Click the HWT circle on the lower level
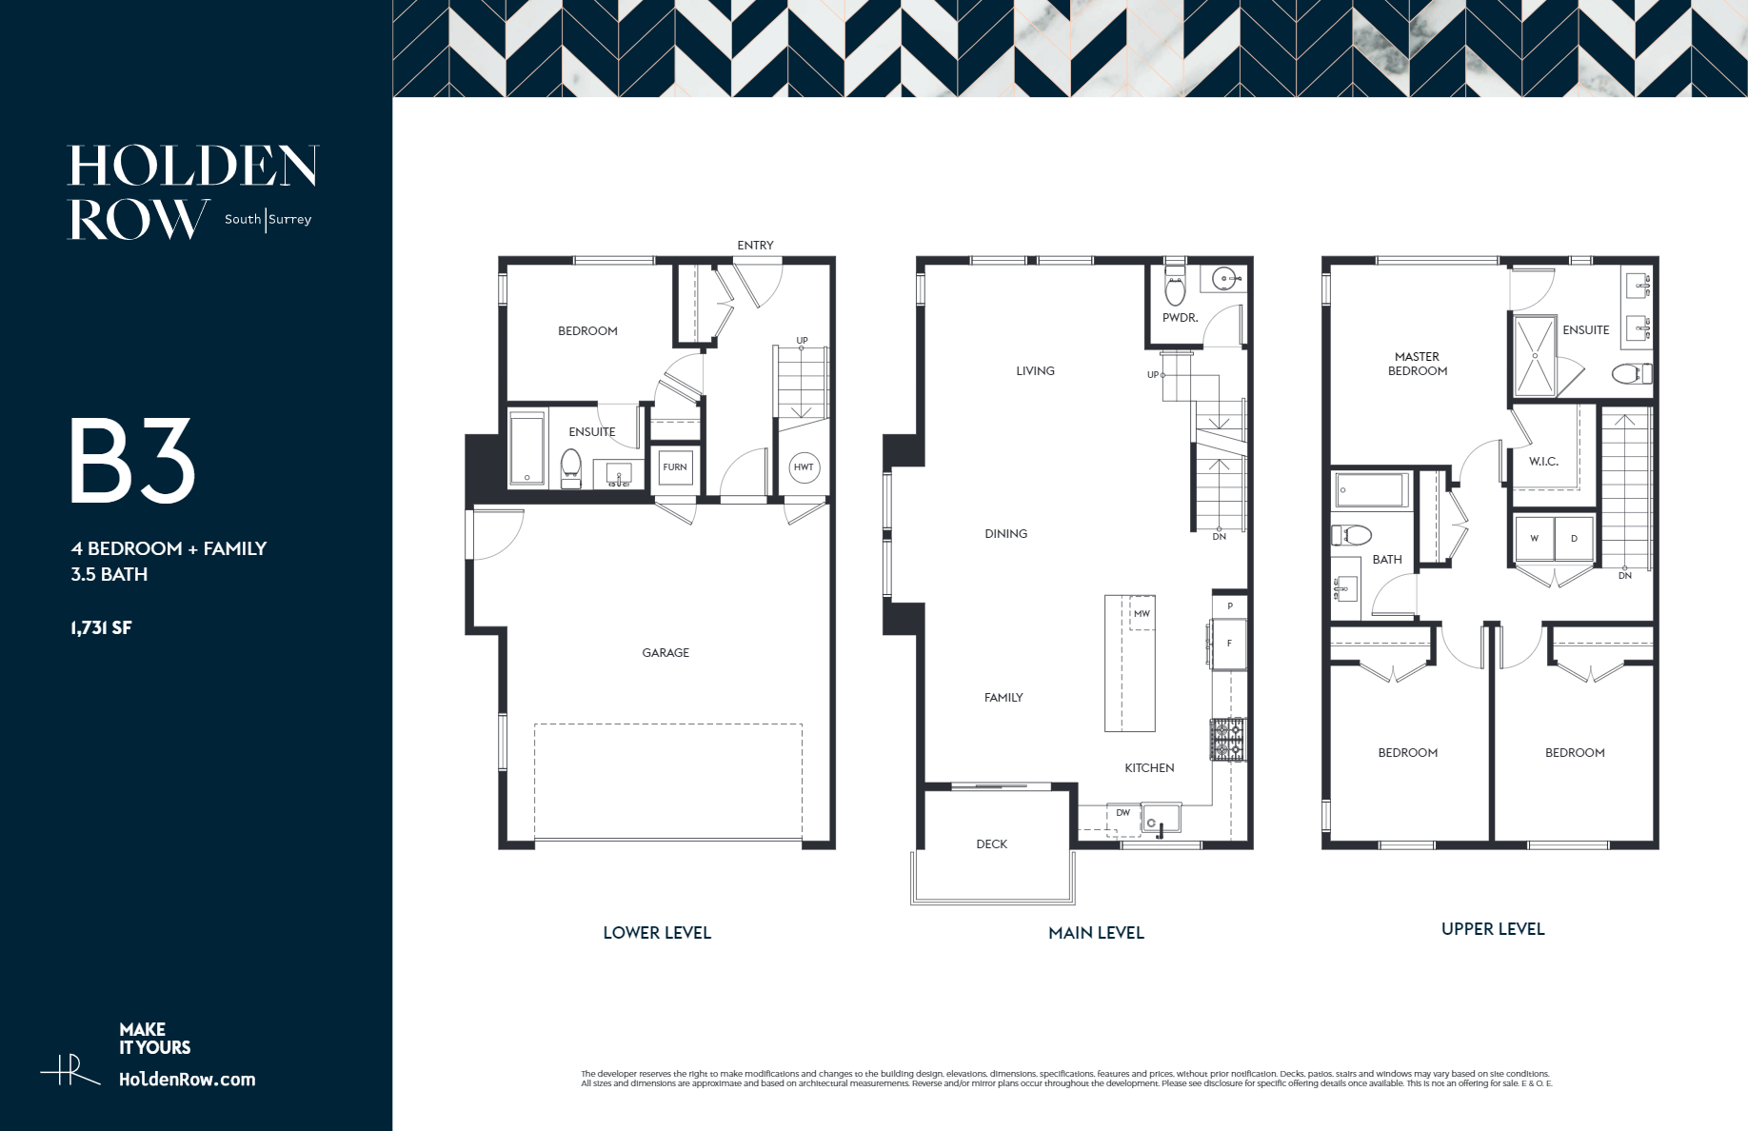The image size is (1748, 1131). (x=804, y=466)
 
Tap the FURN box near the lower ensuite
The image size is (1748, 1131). (x=675, y=466)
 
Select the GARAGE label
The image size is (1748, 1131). (x=665, y=653)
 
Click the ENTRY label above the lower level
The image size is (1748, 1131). (x=755, y=246)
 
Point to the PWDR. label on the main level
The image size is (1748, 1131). (x=1180, y=318)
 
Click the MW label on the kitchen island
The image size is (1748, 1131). (x=1142, y=614)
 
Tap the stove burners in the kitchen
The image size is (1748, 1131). (x=1227, y=740)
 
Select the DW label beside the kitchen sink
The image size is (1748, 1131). (x=1123, y=813)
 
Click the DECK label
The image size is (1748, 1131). (x=991, y=844)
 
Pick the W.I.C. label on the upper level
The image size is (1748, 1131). (x=1543, y=462)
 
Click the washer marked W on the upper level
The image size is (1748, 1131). (x=1534, y=539)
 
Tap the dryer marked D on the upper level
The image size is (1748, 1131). (x=1574, y=539)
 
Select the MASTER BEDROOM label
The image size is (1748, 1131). (x=1417, y=364)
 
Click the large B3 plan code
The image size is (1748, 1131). (x=132, y=463)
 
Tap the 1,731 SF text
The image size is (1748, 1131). (x=101, y=627)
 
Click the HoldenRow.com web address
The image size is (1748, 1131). (x=187, y=1080)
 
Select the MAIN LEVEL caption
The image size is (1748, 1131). (x=1096, y=933)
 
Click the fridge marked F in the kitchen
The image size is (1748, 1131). (x=1228, y=645)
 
